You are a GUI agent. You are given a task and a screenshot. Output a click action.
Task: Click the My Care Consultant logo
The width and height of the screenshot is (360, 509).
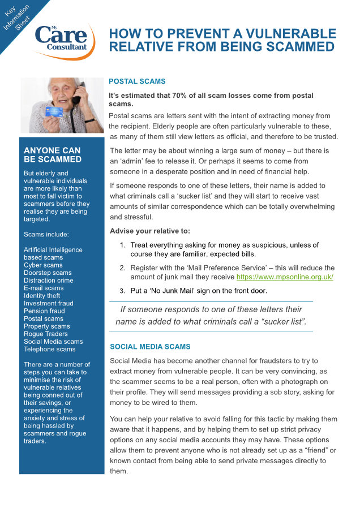(62, 40)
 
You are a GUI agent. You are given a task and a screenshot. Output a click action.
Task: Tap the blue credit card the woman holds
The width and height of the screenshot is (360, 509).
(54, 111)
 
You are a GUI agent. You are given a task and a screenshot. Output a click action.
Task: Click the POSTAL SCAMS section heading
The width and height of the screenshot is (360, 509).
(136, 81)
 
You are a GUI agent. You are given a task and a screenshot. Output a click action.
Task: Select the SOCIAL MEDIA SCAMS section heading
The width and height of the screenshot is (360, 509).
(150, 347)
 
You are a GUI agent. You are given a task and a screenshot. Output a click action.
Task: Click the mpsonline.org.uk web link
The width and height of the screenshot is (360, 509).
(284, 277)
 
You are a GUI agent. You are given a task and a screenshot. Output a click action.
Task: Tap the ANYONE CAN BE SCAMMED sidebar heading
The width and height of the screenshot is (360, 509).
(52, 155)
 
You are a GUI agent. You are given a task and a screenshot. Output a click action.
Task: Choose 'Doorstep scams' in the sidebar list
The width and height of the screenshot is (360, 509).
(48, 273)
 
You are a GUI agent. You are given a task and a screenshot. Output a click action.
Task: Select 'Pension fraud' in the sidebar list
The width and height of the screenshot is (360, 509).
(44, 311)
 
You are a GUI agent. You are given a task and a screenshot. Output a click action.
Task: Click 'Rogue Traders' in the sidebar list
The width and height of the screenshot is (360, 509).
(45, 334)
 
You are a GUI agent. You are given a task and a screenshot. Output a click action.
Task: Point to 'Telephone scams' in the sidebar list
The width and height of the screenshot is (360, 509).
(50, 349)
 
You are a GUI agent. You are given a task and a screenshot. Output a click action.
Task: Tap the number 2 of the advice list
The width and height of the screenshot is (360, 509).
(122, 268)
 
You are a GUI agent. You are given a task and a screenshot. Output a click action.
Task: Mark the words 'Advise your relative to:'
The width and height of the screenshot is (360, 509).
(150, 231)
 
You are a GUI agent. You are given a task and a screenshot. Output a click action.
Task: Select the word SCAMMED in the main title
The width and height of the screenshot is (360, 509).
(289, 46)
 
